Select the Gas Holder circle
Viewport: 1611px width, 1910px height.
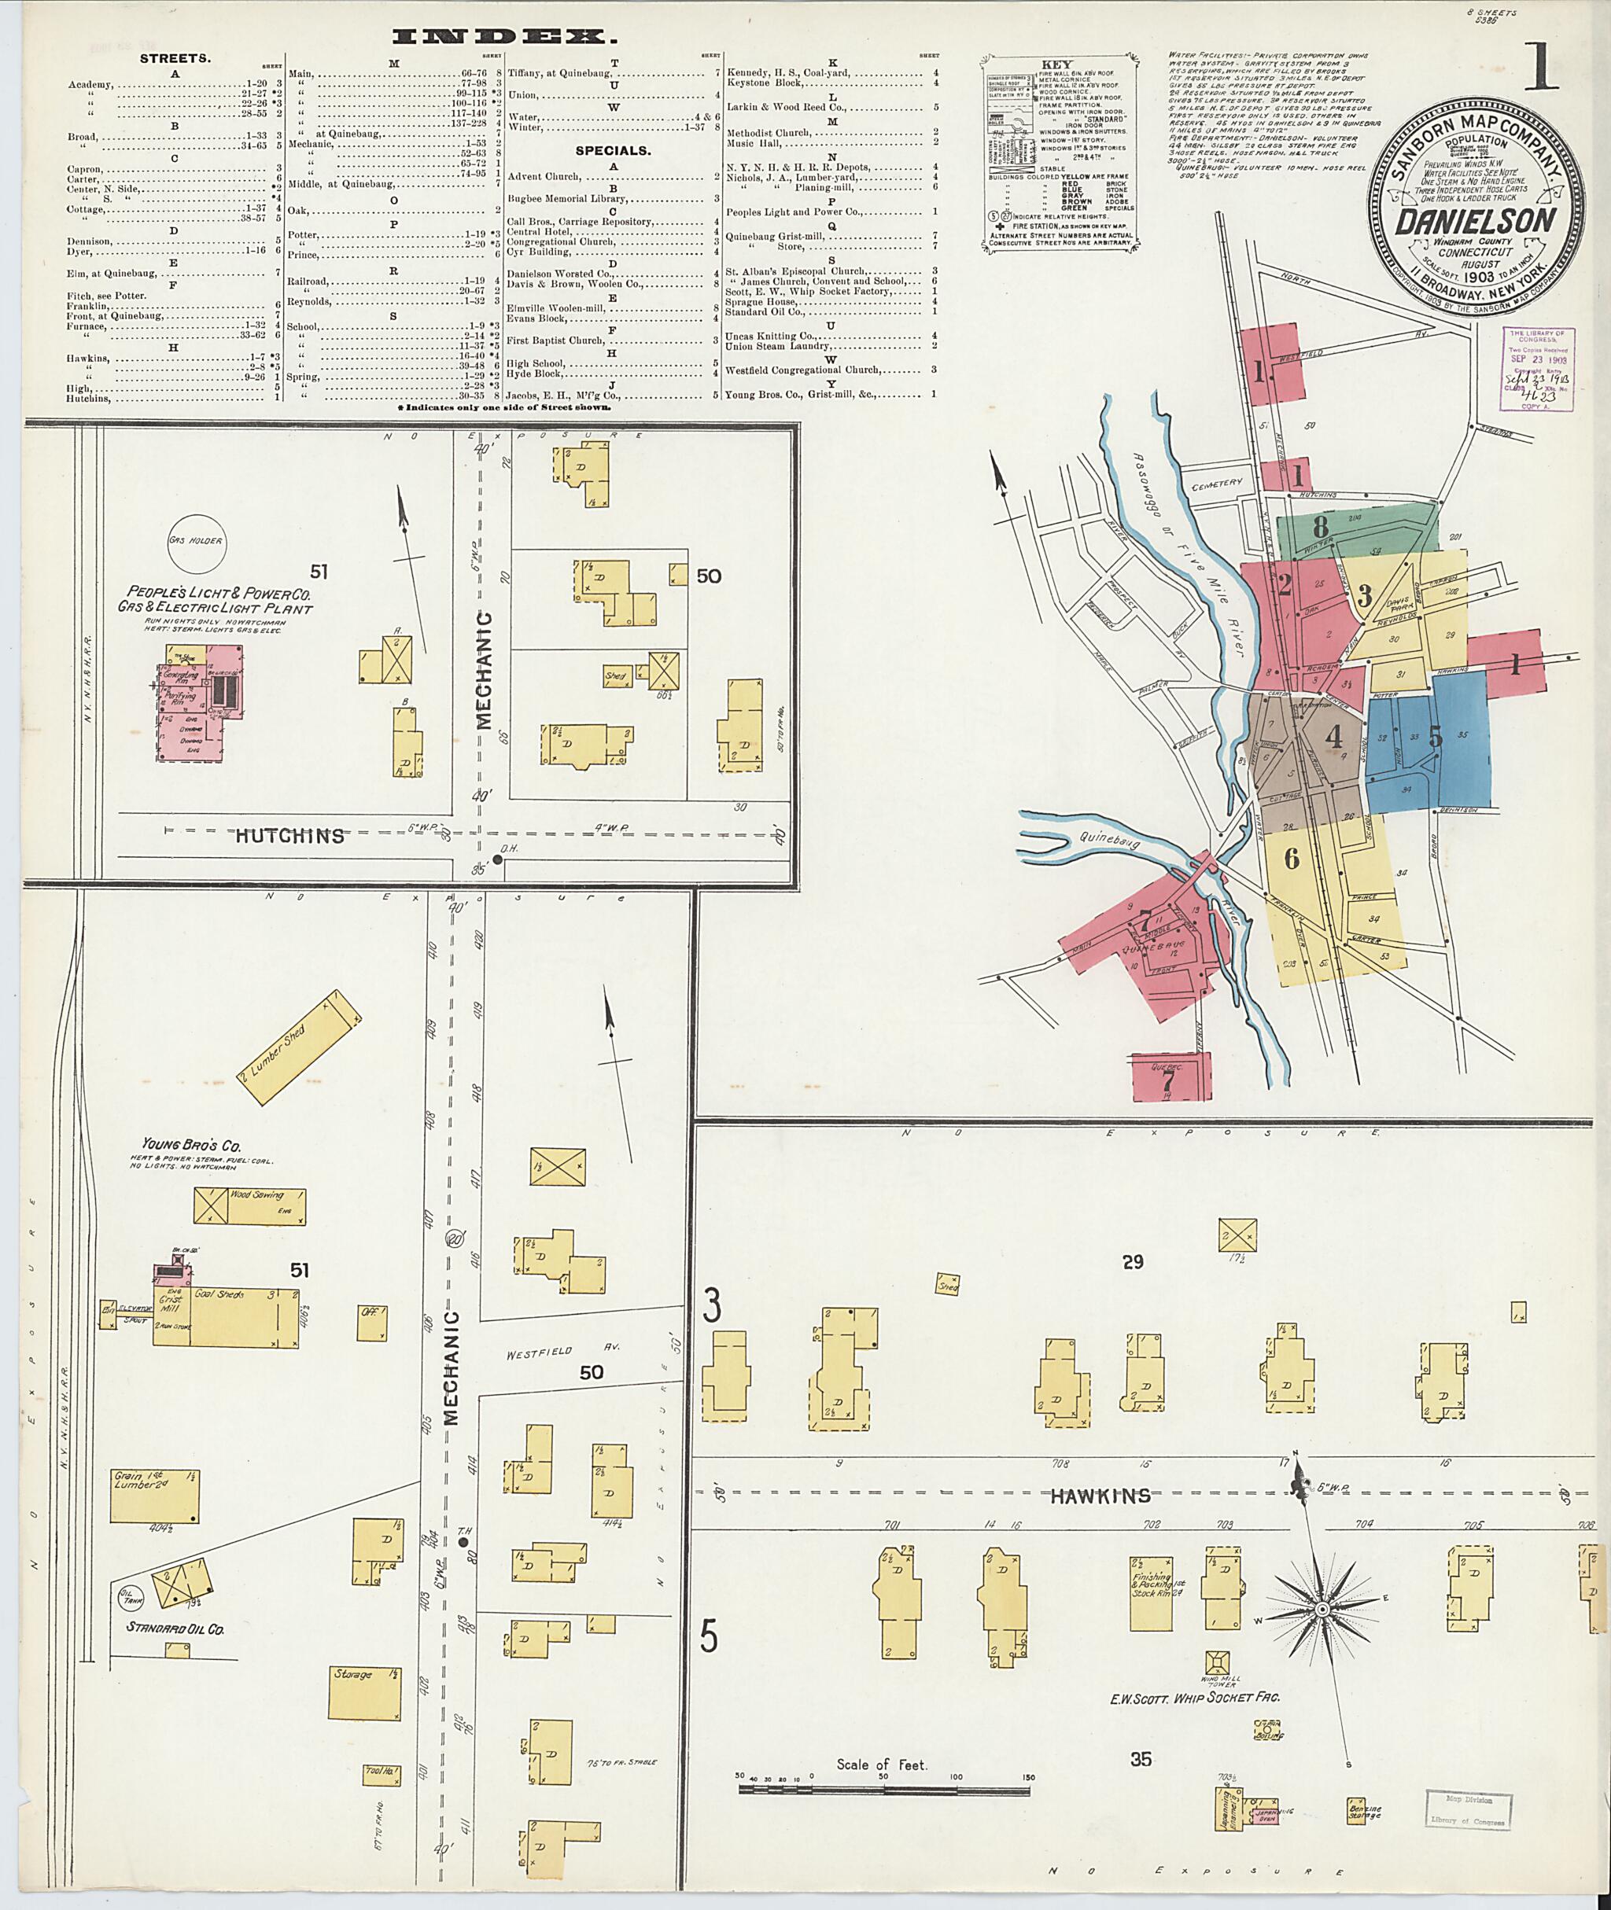coord(195,540)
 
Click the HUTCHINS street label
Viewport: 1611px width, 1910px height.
coord(289,835)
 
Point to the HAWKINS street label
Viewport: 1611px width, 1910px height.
coord(1100,1496)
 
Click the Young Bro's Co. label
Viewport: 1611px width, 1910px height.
coord(191,1145)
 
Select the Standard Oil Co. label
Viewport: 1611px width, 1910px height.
coord(175,1628)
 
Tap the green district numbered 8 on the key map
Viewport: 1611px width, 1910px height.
coord(1320,527)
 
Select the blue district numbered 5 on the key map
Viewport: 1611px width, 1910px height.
coord(1435,736)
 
